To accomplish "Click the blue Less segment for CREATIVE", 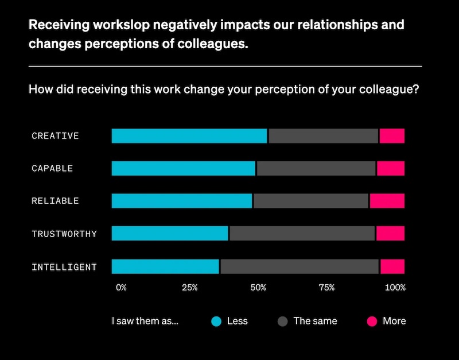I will (189, 136).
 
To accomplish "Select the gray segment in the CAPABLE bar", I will (316, 168).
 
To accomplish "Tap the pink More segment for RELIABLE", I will (387, 201).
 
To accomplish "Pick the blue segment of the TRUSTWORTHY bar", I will (170, 233).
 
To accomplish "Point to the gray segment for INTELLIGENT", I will (299, 266).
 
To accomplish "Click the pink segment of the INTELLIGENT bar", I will (392, 266).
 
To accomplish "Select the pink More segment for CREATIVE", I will (392, 136).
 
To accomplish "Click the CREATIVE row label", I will (55, 136).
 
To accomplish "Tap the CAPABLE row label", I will (52, 168).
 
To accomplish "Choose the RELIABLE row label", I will (55, 201).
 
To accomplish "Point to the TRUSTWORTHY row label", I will (64, 234).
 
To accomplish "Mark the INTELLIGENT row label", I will (64, 267).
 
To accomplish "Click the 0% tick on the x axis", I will (121, 287).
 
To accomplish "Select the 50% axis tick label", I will (258, 287).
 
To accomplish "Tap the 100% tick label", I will (395, 287).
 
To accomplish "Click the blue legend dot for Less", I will (216, 322).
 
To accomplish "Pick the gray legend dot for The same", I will (282, 322).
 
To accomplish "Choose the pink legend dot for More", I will (372, 322).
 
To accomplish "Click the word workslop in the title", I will (104, 25).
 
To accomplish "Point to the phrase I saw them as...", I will (145, 322).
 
